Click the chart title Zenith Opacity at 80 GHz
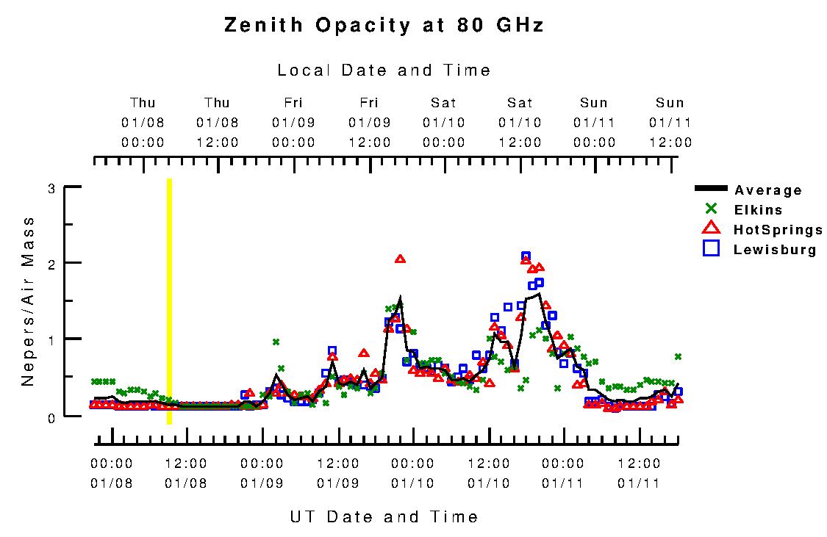tap(384, 26)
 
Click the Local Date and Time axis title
tap(384, 71)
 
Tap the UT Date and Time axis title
tap(384, 516)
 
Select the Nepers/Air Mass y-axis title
tap(28, 300)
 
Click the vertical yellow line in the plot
tap(169, 300)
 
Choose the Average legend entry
tap(767, 190)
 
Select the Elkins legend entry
tap(757, 210)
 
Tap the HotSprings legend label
tap(778, 230)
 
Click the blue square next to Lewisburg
tap(710, 248)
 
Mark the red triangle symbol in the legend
tap(710, 228)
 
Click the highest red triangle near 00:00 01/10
tap(400, 259)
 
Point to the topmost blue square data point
tap(526, 256)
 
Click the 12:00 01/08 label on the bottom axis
tap(186, 473)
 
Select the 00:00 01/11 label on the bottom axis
tap(563, 473)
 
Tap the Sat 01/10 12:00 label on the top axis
tap(520, 123)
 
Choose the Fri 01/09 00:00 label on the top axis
tap(293, 123)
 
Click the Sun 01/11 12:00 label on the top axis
tap(670, 123)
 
